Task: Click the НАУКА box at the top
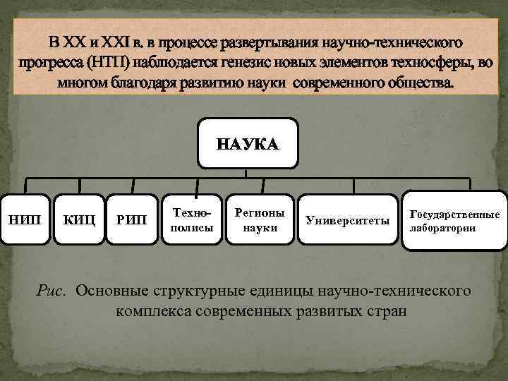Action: (248, 144)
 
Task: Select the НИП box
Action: (25, 220)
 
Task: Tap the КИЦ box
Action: (79, 220)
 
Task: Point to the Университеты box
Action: (348, 221)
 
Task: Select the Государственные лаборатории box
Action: (454, 221)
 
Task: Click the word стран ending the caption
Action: (387, 310)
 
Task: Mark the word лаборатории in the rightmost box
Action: (445, 228)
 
